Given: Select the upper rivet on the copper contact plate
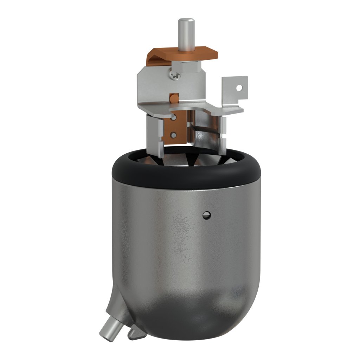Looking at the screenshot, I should click(x=173, y=119).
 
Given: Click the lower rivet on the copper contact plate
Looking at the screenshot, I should click(x=173, y=134).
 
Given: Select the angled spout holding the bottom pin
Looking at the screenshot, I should click(x=118, y=306).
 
